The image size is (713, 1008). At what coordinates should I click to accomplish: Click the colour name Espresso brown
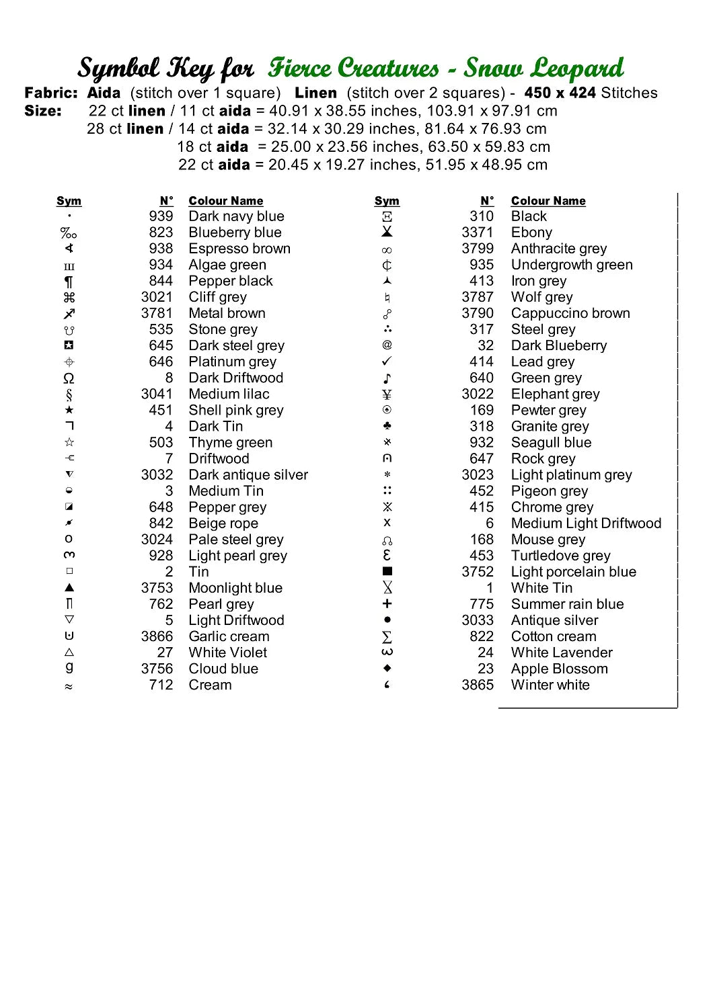(239, 249)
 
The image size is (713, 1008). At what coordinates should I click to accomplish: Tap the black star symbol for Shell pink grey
(69, 410)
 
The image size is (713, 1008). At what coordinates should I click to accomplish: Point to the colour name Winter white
(550, 685)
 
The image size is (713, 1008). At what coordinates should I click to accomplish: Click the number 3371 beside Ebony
(478, 233)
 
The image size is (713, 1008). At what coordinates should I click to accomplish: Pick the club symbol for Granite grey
(387, 426)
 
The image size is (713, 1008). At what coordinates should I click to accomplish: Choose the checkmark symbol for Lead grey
(387, 362)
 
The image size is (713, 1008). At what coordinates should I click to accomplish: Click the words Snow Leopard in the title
(543, 69)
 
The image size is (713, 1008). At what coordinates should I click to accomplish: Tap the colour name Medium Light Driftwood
(586, 523)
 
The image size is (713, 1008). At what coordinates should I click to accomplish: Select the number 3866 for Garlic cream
(157, 636)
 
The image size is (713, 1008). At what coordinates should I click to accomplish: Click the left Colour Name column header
(226, 201)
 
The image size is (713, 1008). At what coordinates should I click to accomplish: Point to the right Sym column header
(387, 201)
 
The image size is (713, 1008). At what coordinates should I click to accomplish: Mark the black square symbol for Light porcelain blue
(387, 571)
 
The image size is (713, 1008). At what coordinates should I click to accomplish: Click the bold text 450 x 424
(560, 93)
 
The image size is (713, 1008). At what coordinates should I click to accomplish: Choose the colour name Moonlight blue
(235, 588)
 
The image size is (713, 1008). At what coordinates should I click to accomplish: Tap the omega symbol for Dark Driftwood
(69, 378)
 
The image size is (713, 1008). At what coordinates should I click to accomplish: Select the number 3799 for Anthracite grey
(478, 249)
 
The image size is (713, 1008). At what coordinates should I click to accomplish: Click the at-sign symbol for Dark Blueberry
(387, 345)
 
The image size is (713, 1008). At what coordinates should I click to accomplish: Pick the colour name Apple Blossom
(559, 669)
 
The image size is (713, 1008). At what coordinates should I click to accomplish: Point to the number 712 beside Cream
(161, 685)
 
